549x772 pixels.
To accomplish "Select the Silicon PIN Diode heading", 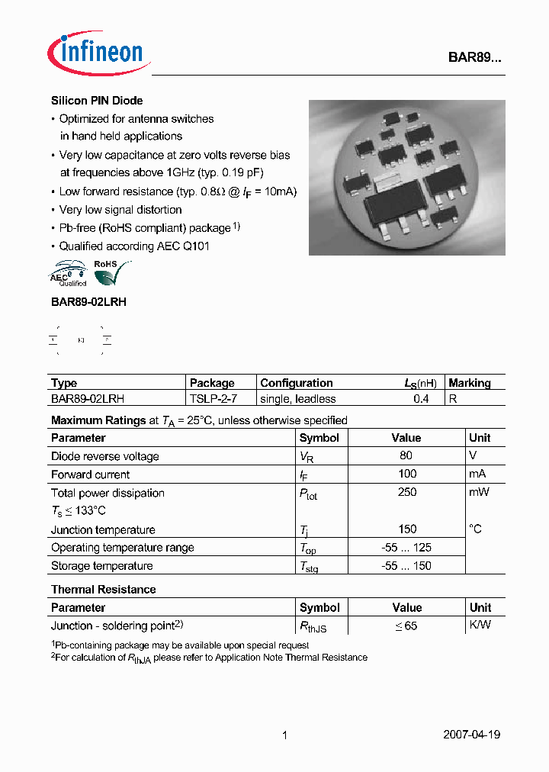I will (x=97, y=101).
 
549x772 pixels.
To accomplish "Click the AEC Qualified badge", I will (x=68, y=274).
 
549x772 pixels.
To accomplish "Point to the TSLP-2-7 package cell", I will (x=213, y=399).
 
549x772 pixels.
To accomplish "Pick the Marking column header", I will (x=470, y=383).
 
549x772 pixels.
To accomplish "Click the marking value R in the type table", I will (x=452, y=399).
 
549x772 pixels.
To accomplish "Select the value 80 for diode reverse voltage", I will (x=406, y=455).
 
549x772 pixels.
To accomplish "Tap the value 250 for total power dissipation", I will (x=406, y=492).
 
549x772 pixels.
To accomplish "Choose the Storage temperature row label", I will (x=101, y=565).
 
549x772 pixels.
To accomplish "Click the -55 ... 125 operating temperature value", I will (x=406, y=547).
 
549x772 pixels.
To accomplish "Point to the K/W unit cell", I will (x=480, y=625).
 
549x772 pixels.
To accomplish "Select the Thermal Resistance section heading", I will (x=103, y=590).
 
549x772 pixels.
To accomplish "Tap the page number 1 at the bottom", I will (x=284, y=735).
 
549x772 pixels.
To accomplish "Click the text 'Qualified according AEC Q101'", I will (x=134, y=246).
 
